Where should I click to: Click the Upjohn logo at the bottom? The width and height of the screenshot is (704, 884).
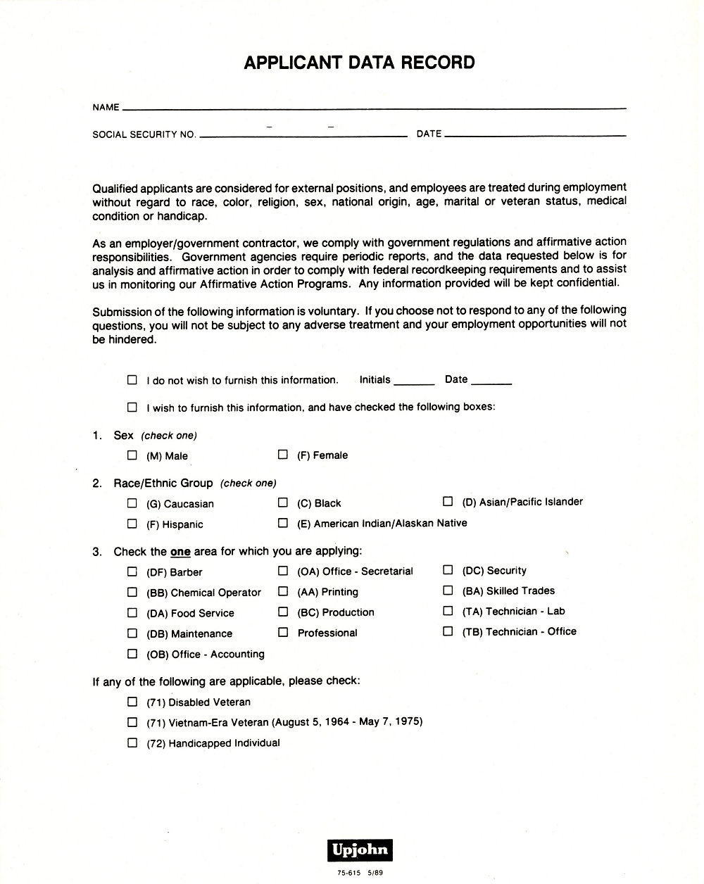pyautogui.click(x=359, y=850)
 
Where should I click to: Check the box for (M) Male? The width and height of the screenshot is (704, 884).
pyautogui.click(x=132, y=455)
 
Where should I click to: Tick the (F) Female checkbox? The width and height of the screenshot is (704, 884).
pyautogui.click(x=283, y=455)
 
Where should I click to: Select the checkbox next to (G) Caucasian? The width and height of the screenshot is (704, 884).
pyautogui.click(x=132, y=503)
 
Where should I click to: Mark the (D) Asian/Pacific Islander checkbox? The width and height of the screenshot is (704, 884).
pyautogui.click(x=448, y=501)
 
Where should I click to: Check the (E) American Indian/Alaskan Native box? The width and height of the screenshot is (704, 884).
pyautogui.click(x=283, y=523)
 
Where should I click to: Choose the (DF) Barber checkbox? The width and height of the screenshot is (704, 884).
pyautogui.click(x=132, y=572)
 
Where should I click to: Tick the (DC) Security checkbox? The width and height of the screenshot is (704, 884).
pyautogui.click(x=448, y=570)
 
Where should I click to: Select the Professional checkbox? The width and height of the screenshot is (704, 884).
pyautogui.click(x=283, y=632)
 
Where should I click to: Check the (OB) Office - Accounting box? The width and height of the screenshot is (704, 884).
pyautogui.click(x=132, y=653)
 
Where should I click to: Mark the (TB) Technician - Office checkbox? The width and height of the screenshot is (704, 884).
pyautogui.click(x=448, y=631)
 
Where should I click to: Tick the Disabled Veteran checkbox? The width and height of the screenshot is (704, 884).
pyautogui.click(x=132, y=701)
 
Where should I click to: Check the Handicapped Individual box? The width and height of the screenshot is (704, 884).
pyautogui.click(x=132, y=743)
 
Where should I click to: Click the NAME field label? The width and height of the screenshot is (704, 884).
pyautogui.click(x=106, y=108)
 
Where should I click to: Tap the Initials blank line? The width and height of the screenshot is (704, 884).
pyautogui.click(x=414, y=383)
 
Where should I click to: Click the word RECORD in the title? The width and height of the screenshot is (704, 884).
pyautogui.click(x=438, y=63)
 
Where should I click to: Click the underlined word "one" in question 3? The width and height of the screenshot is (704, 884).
pyautogui.click(x=180, y=552)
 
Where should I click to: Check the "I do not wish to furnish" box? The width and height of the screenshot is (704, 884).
pyautogui.click(x=132, y=379)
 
